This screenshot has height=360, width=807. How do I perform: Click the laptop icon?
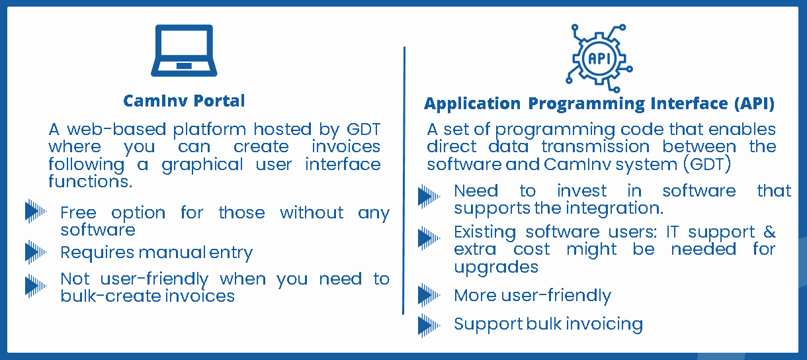(184, 50)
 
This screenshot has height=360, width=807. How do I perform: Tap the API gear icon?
(599, 58)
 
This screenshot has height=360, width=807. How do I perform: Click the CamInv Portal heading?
(184, 101)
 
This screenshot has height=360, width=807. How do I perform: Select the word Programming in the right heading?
(587, 104)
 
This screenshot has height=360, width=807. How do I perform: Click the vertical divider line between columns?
(404, 181)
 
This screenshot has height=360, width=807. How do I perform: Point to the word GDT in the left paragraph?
(363, 129)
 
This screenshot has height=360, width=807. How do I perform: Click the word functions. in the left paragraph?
(91, 181)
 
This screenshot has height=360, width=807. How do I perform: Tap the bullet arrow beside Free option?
(36, 211)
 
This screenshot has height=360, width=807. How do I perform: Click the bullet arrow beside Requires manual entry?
(36, 252)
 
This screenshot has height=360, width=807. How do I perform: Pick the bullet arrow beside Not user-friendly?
(36, 286)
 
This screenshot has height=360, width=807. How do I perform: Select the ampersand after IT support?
(769, 232)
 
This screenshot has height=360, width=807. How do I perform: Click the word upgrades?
(495, 267)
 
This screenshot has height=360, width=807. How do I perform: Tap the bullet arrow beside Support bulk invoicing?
(429, 326)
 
